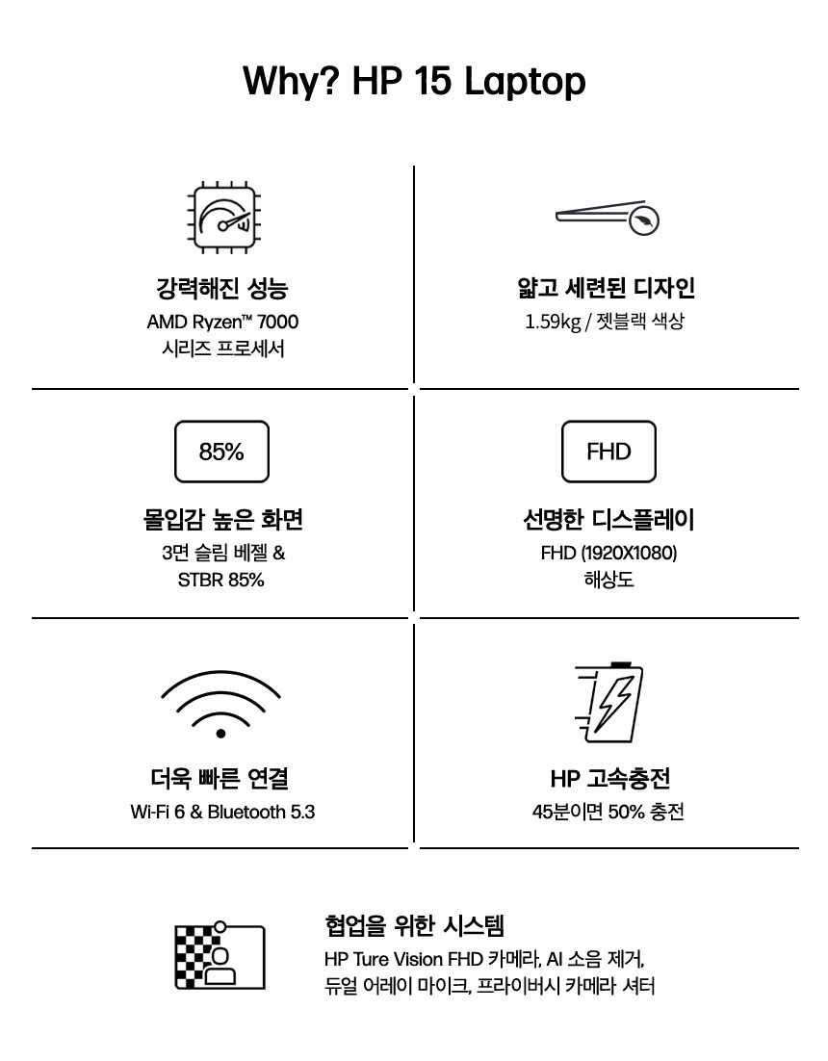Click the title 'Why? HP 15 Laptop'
click(x=414, y=81)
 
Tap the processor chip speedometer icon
click(x=223, y=218)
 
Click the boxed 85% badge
click(x=221, y=452)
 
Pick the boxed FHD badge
click(x=608, y=452)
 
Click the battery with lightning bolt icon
click(x=608, y=703)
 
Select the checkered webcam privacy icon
click(x=220, y=955)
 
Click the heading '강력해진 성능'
click(x=222, y=288)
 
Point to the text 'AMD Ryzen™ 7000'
click(x=222, y=322)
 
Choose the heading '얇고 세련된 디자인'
click(x=607, y=288)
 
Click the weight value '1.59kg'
click(x=553, y=322)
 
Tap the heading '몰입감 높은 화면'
click(x=222, y=520)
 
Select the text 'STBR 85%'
click(x=221, y=580)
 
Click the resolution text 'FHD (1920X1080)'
click(x=608, y=553)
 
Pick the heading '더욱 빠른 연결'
click(x=220, y=778)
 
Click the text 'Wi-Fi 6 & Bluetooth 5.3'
click(x=222, y=812)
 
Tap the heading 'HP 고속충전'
click(x=610, y=778)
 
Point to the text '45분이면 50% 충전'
click(x=608, y=812)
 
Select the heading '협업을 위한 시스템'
click(x=415, y=925)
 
